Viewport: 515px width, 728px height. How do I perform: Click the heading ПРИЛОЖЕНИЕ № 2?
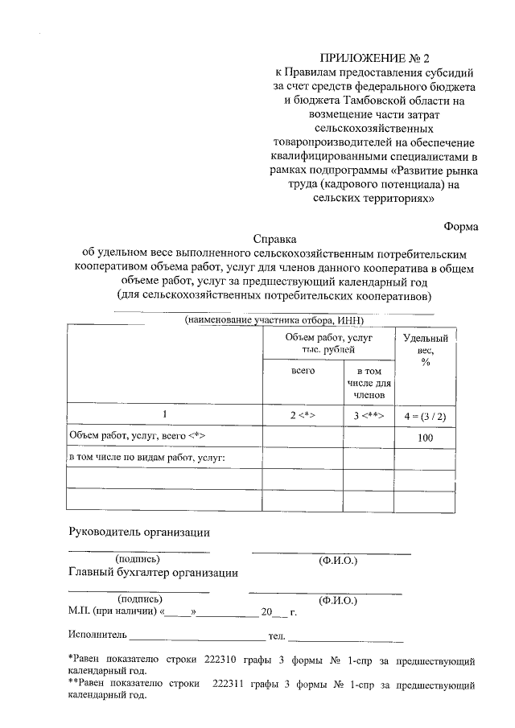[x=376, y=58]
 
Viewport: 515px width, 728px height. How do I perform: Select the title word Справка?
[x=274, y=239]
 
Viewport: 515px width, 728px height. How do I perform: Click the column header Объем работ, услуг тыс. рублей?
[x=328, y=343]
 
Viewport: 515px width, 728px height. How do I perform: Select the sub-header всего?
[x=303, y=370]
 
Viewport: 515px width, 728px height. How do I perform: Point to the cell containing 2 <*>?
[x=303, y=414]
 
